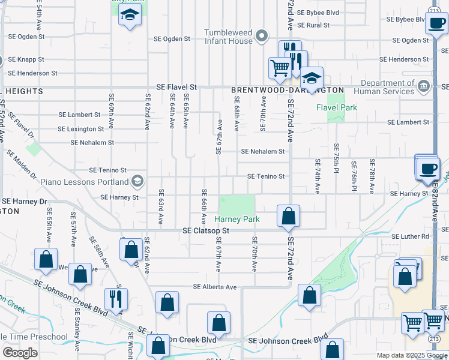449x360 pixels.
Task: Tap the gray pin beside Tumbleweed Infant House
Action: pos(261,37)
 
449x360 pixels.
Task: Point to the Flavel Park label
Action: pos(337,108)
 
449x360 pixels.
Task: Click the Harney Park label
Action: pos(238,219)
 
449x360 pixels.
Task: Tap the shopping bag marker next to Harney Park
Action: pos(288,216)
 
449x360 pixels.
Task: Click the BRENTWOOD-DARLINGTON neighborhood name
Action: pos(288,90)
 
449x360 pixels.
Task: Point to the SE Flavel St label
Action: pos(176,87)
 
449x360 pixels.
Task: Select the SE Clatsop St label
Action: pos(206,230)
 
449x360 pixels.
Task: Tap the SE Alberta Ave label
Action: pos(215,287)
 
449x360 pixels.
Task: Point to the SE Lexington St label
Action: pos(80,129)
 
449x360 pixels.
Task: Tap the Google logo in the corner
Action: pos(20,352)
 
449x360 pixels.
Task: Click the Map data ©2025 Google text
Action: pos(411,356)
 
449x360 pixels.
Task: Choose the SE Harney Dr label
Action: pos(24,201)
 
